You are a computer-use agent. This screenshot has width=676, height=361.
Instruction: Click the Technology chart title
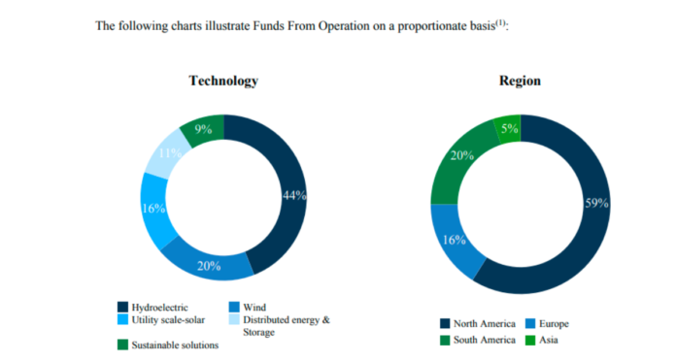(x=223, y=81)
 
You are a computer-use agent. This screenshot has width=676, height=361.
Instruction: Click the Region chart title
(x=520, y=81)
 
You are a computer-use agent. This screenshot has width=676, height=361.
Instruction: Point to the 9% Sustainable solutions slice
(x=203, y=128)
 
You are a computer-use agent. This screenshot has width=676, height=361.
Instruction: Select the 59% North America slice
(x=592, y=204)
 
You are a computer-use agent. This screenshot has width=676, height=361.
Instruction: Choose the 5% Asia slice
(x=507, y=127)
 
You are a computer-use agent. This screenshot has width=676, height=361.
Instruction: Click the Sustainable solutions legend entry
(x=172, y=345)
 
